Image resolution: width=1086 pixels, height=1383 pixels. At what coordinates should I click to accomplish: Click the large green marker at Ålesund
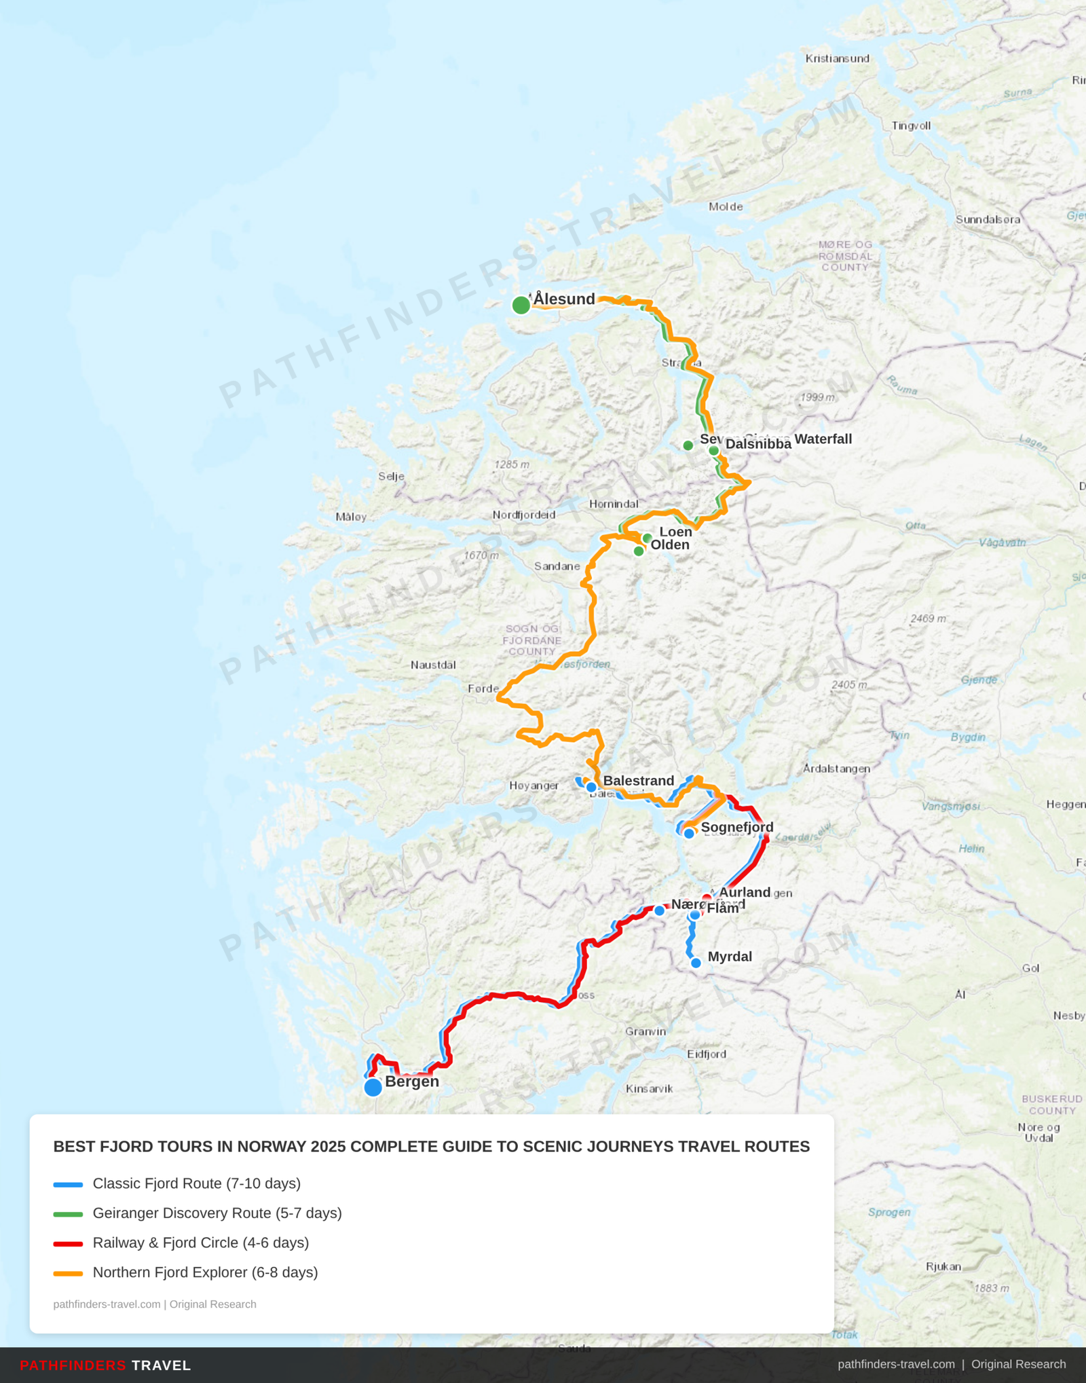point(521,305)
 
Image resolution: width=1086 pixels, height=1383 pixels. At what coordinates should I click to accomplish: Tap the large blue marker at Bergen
point(373,1088)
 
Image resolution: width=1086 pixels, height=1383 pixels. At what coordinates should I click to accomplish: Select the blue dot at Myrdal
point(696,963)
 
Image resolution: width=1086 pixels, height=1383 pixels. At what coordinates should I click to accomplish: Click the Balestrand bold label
point(638,781)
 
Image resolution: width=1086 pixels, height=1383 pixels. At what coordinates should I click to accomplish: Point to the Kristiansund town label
point(837,58)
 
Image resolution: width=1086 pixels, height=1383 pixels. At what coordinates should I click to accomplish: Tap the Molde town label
point(726,206)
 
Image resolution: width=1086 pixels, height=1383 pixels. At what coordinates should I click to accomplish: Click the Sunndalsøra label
point(988,219)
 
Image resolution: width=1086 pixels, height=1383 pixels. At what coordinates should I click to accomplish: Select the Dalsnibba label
point(758,444)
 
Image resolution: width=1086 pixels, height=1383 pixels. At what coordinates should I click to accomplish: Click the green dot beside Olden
point(639,551)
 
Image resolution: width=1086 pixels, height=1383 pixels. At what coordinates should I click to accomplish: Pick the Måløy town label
point(351,517)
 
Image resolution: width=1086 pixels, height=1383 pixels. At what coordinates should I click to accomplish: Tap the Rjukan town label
point(943,1266)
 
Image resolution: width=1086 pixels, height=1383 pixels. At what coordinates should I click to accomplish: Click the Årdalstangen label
point(836,769)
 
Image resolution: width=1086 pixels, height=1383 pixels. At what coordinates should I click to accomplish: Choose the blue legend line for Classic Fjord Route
point(68,1185)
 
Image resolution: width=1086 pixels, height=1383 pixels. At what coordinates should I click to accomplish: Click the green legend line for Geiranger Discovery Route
point(68,1214)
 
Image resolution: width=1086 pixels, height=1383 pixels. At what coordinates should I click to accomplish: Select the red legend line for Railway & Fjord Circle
point(68,1244)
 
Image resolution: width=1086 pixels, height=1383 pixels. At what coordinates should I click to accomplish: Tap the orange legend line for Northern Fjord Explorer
point(68,1274)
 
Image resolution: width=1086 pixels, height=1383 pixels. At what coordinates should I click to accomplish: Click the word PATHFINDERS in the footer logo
point(73,1365)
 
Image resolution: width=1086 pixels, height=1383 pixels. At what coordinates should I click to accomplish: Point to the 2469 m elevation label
point(927,619)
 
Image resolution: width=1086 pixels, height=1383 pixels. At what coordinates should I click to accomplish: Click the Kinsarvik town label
point(649,1088)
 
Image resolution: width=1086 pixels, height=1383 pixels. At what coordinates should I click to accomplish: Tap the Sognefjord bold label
point(737,827)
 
